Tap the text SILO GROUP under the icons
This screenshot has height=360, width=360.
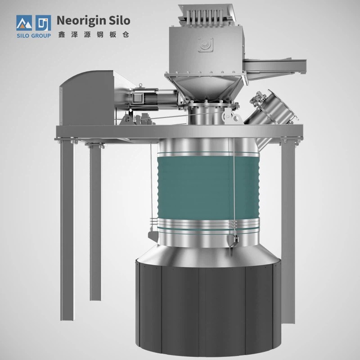pyautogui.click(x=34, y=36)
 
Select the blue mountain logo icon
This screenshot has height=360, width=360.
pyautogui.click(x=24, y=23)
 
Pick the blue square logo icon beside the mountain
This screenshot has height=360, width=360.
pyautogui.click(x=43, y=23)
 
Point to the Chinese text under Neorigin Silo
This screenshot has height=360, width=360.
pyautogui.click(x=94, y=35)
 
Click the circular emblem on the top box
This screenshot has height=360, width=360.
pyautogui.click(x=206, y=45)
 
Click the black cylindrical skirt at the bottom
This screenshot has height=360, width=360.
pyautogui.click(x=208, y=310)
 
